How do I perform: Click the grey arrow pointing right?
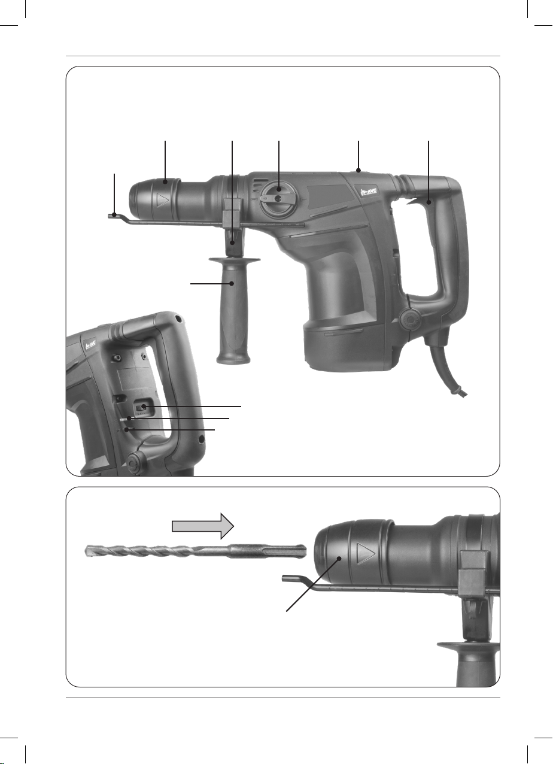click(x=202, y=526)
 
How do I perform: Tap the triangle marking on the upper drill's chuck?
click(x=162, y=200)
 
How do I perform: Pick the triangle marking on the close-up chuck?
click(x=366, y=554)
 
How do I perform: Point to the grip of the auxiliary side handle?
click(x=233, y=313)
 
